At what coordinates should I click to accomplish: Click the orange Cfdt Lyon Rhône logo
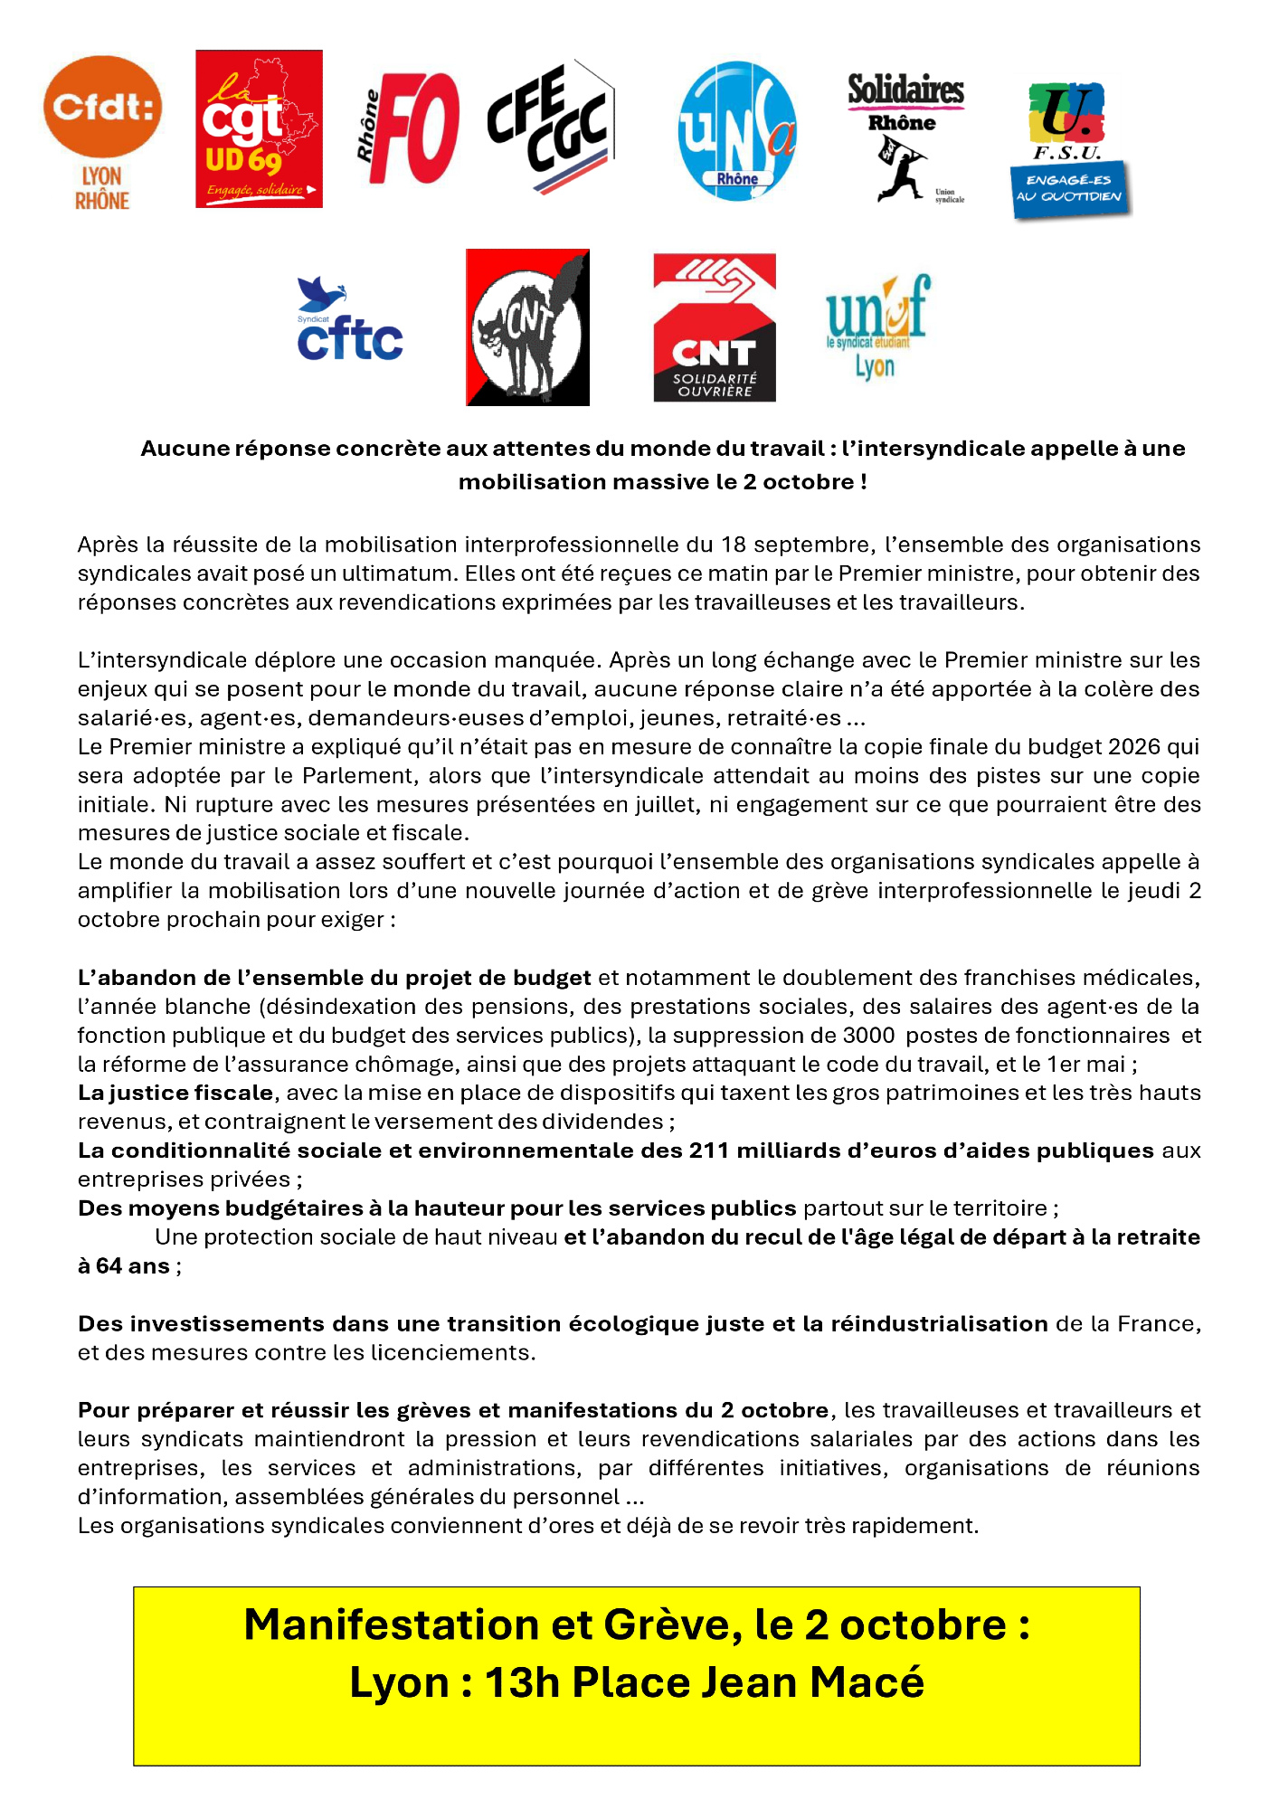point(102,132)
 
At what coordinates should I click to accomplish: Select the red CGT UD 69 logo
point(259,128)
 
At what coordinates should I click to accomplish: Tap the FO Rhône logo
point(409,128)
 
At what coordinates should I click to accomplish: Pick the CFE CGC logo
point(550,127)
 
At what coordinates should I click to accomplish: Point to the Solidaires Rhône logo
point(905,137)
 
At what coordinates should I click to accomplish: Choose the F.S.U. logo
point(1070,150)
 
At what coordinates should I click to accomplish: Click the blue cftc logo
point(349,320)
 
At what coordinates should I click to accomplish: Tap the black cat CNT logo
point(527,327)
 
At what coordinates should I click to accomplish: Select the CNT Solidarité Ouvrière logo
point(715,327)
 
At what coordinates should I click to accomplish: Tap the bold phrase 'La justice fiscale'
point(175,1093)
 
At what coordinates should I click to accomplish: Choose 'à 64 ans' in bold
point(124,1266)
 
